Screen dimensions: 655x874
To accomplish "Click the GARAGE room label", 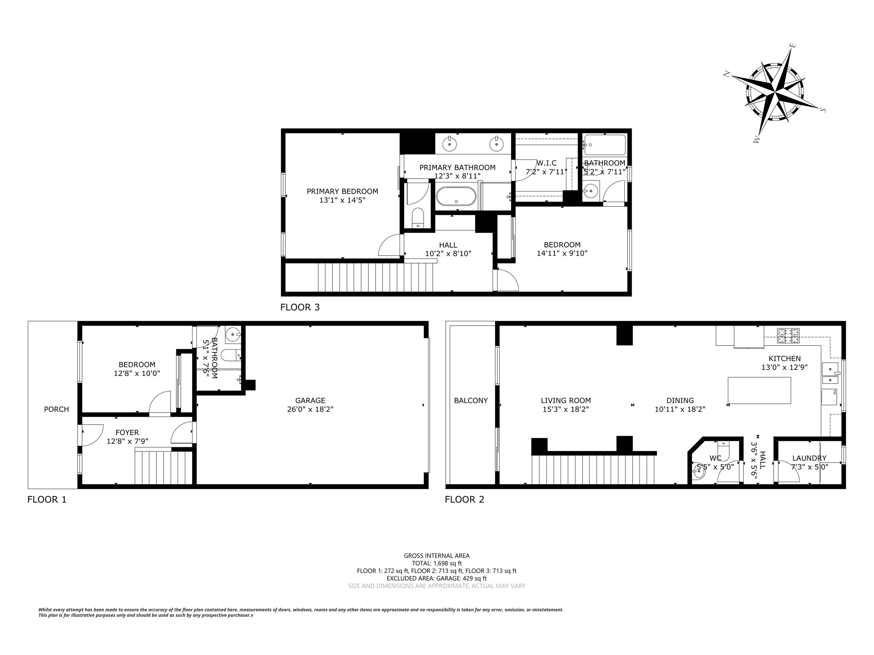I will (310, 400).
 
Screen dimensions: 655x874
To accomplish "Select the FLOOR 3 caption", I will (300, 307).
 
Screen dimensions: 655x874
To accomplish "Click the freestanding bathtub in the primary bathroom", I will (456, 196).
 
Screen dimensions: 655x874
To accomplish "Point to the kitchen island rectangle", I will (759, 390).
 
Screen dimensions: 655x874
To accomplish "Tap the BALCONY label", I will (471, 400).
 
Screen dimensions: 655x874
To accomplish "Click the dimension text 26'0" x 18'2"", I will (310, 409).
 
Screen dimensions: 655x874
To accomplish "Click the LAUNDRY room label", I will (809, 458).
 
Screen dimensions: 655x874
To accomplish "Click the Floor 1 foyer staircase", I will (163, 467).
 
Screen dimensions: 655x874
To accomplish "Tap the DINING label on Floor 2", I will (680, 400).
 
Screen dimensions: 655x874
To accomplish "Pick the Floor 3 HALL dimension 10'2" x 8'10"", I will (448, 254).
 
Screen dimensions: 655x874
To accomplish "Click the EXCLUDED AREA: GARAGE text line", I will (437, 579).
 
